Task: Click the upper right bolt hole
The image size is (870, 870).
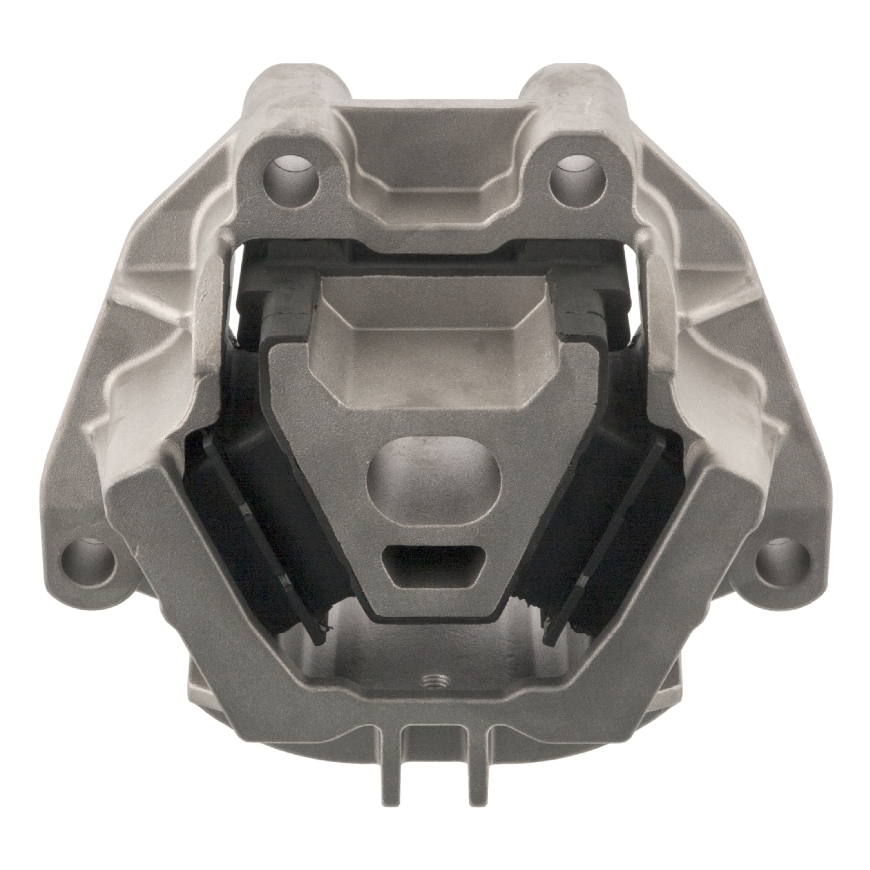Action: [575, 173]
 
